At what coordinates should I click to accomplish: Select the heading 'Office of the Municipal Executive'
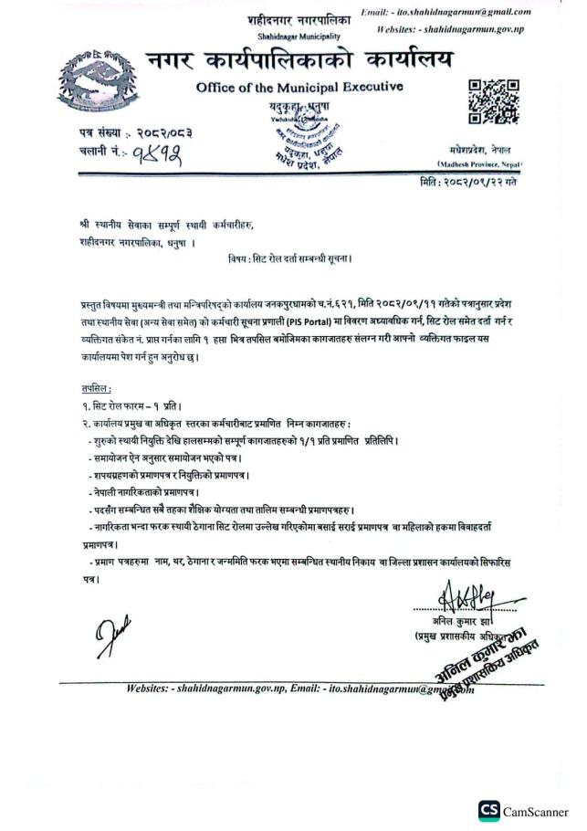(299, 87)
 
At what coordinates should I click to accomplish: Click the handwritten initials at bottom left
(106, 636)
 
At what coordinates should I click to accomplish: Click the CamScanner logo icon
(488, 811)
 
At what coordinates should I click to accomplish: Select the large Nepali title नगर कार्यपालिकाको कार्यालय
(299, 61)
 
